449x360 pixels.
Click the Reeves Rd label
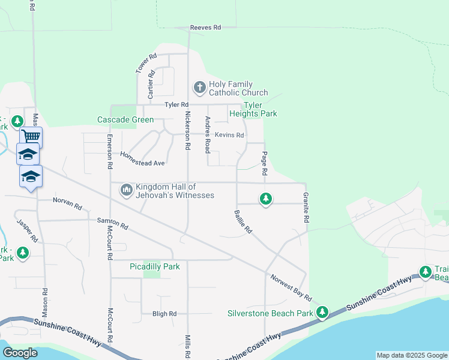[x=205, y=28]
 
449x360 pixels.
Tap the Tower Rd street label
[x=146, y=64]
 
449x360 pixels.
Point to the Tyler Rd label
[x=177, y=104]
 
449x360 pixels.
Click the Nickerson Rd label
[x=188, y=130]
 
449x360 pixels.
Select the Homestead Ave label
[x=142, y=158]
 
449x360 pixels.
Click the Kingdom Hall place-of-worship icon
[x=126, y=191]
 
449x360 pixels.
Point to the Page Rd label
[x=264, y=163]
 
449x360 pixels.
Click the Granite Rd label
[x=306, y=208]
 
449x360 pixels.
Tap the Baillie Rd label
[x=243, y=221]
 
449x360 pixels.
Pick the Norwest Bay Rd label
[x=291, y=288]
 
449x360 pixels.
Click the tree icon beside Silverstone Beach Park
[x=323, y=312]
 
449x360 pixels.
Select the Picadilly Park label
[x=155, y=266]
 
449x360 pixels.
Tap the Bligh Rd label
[x=164, y=314]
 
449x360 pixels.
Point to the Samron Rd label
[x=113, y=224]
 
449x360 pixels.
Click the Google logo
[x=20, y=352]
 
